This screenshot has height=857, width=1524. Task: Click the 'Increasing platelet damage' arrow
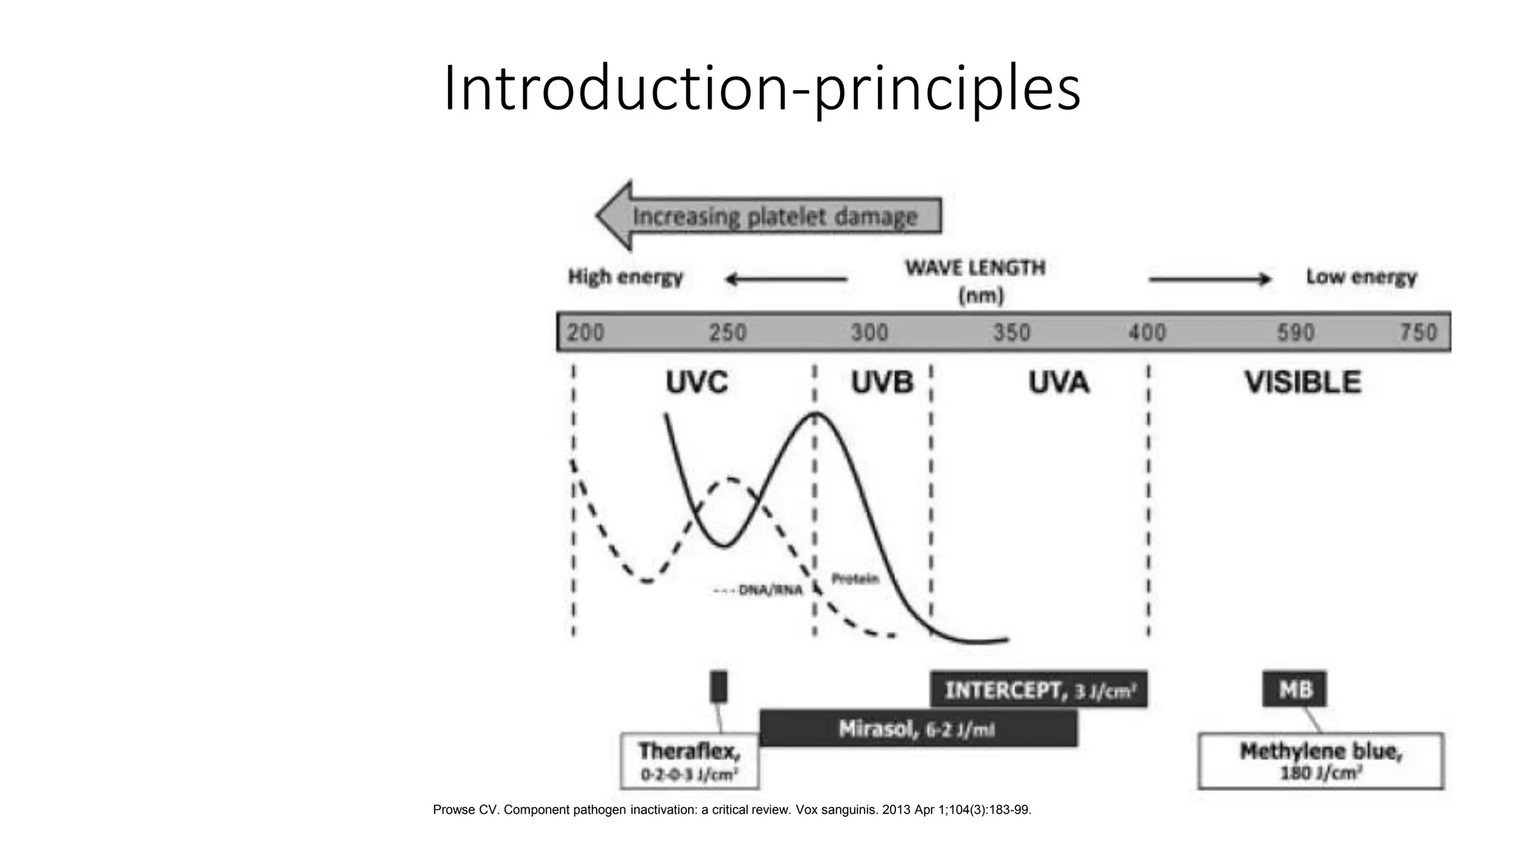(x=770, y=216)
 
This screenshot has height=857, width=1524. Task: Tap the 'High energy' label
(x=625, y=277)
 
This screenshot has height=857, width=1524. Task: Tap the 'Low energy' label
(x=1361, y=277)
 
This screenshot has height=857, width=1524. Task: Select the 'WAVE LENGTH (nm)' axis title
(x=975, y=280)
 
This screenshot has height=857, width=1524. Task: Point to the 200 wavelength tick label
(x=586, y=333)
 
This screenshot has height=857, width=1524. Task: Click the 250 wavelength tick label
(x=727, y=333)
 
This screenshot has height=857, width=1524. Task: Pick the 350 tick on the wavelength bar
(x=1011, y=333)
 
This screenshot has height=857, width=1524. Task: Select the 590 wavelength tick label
(x=1296, y=333)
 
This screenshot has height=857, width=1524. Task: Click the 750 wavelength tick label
(x=1418, y=333)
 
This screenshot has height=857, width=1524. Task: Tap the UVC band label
(x=697, y=383)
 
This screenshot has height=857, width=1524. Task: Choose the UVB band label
(x=882, y=383)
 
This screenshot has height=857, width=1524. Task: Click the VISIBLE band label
(x=1302, y=383)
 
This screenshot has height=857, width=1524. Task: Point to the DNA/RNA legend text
(x=759, y=590)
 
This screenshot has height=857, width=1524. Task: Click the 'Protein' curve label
(x=855, y=579)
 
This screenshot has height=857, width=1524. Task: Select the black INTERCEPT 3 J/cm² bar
(x=1039, y=690)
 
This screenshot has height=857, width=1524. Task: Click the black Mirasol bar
(x=918, y=728)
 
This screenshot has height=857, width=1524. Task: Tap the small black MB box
(x=1294, y=689)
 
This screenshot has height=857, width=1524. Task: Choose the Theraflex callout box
(x=689, y=761)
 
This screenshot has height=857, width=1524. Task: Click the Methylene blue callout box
(x=1320, y=761)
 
